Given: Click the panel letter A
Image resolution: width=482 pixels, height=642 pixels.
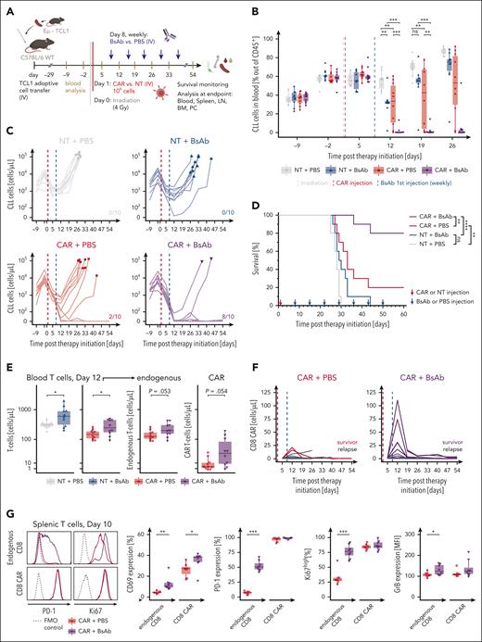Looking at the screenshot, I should pyautogui.click(x=7, y=8).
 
